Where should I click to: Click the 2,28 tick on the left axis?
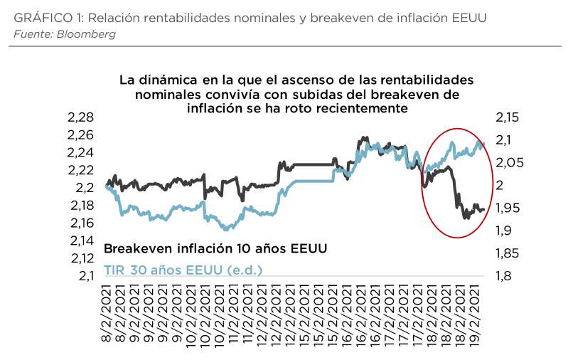pyautogui.click(x=81, y=117)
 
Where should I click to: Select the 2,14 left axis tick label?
pyautogui.click(x=81, y=240)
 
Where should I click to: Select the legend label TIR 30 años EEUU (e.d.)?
pyautogui.click(x=183, y=270)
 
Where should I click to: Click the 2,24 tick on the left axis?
pyautogui.click(x=81, y=152)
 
